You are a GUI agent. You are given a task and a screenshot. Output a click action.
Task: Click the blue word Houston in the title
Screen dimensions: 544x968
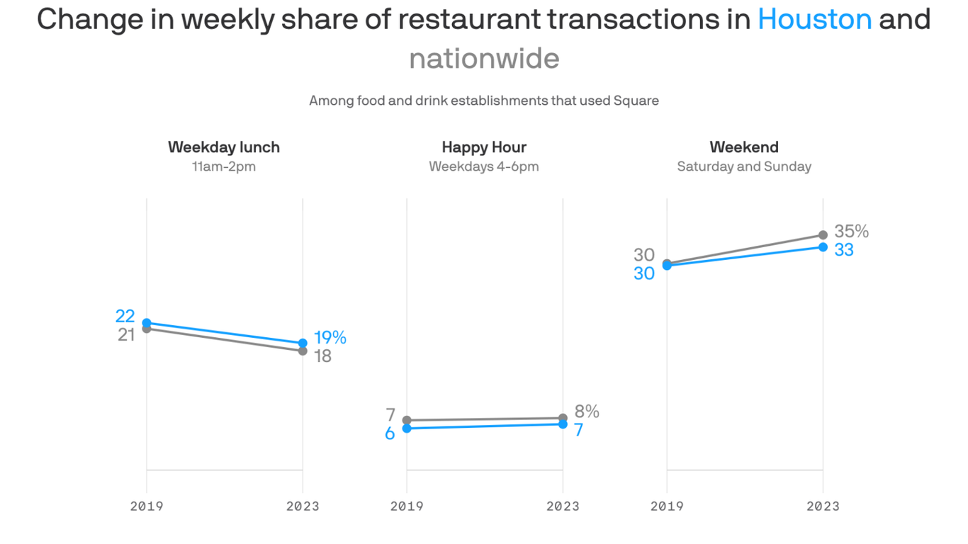tap(814, 19)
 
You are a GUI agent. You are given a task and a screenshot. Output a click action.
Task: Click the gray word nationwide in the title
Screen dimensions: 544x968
tap(484, 58)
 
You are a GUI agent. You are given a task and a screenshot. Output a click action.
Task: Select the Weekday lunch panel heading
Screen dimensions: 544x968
tap(224, 147)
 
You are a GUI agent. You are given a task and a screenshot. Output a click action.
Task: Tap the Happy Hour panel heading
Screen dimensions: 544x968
tap(484, 147)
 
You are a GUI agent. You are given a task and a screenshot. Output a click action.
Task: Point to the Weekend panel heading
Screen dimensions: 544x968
tap(744, 147)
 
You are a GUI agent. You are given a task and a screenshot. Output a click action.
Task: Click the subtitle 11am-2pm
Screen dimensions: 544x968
tap(224, 167)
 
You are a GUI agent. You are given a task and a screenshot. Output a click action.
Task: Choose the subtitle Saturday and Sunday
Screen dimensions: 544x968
tap(744, 167)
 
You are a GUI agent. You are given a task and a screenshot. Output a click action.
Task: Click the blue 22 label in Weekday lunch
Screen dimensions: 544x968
tap(125, 317)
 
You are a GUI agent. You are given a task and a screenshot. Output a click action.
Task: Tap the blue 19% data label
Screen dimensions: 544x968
tap(330, 338)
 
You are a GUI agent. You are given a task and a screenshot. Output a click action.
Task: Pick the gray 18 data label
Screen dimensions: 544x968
tap(322, 356)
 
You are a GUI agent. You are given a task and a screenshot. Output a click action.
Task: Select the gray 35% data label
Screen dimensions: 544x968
tap(851, 232)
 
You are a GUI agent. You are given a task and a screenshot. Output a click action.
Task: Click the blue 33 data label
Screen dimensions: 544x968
tap(843, 250)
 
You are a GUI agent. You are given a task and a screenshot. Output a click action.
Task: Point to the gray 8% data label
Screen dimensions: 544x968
tap(587, 412)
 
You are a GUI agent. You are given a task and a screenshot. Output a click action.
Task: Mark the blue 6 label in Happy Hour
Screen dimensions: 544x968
tap(390, 433)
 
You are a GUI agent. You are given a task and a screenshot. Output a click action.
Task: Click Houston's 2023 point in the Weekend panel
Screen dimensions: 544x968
tap(823, 247)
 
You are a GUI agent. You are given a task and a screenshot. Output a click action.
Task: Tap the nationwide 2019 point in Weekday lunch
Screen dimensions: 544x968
tap(147, 329)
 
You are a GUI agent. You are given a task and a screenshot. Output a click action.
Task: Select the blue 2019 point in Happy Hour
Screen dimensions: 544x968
tap(407, 429)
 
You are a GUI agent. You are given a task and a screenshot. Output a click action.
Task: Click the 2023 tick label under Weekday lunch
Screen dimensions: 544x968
tap(303, 506)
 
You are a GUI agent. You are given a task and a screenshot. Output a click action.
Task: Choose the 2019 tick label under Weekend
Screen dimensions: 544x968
tap(667, 506)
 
